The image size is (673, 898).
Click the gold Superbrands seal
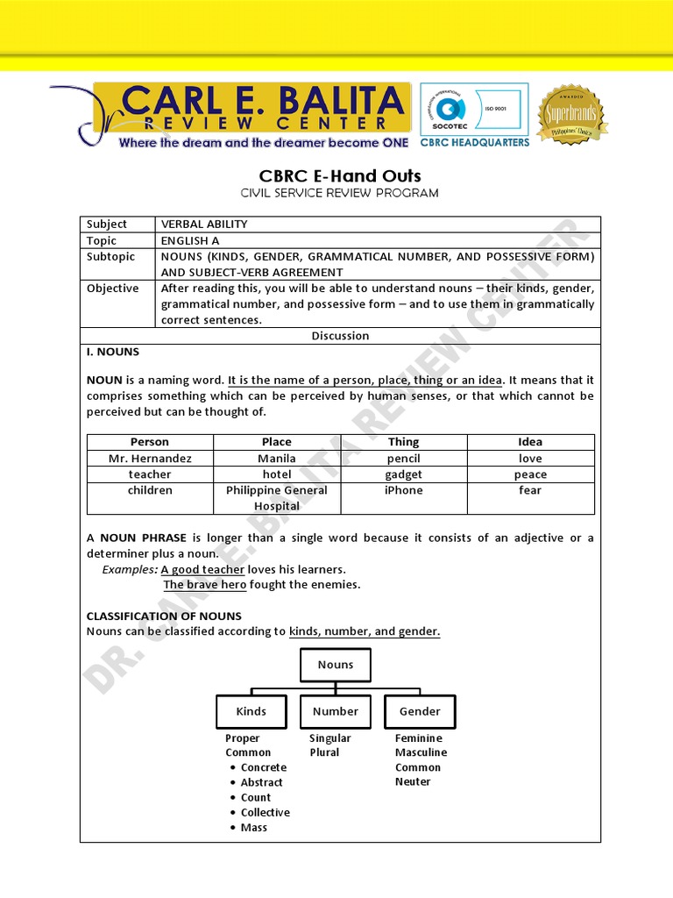click(x=571, y=115)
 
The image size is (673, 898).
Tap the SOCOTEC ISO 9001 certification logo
click(x=474, y=109)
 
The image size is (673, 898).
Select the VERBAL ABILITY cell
click(x=204, y=224)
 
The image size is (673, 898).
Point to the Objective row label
click(x=112, y=289)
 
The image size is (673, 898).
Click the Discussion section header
click(x=340, y=336)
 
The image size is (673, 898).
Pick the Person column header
click(x=150, y=442)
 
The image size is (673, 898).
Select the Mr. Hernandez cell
click(x=150, y=459)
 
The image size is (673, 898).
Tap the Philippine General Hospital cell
click(x=277, y=498)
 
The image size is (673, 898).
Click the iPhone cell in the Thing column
click(x=403, y=490)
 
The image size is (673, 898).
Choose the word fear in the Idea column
click(x=530, y=490)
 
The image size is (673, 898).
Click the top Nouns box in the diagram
click(x=336, y=665)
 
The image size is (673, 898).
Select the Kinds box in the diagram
click(x=251, y=711)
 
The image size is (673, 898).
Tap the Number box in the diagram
click(x=336, y=711)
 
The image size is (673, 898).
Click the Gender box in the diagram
click(x=420, y=711)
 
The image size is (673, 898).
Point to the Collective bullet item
click(x=265, y=812)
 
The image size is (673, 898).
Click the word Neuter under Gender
click(x=413, y=781)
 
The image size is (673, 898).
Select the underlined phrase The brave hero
click(x=205, y=585)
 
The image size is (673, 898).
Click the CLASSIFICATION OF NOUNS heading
click(x=164, y=616)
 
